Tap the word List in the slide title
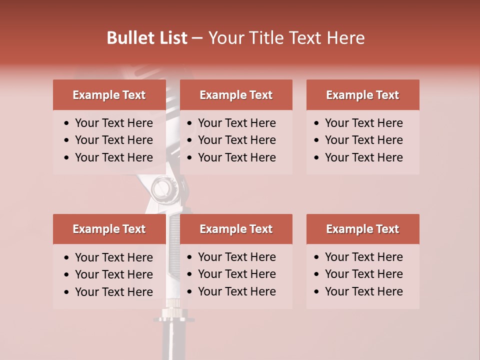point(171,38)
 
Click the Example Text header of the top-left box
point(109,95)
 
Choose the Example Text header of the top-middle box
point(236,95)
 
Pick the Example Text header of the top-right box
point(362,95)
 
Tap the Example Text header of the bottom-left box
point(109,229)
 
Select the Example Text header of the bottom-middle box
point(236,229)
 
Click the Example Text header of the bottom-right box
point(362,229)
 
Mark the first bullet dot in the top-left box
point(67,123)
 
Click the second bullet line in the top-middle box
point(236,140)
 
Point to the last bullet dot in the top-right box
point(317,158)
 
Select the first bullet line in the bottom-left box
point(113,257)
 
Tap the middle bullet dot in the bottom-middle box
point(190,274)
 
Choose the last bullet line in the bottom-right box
point(363,291)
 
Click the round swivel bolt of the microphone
point(161,189)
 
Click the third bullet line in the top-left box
point(113,157)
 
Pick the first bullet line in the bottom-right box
point(363,257)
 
